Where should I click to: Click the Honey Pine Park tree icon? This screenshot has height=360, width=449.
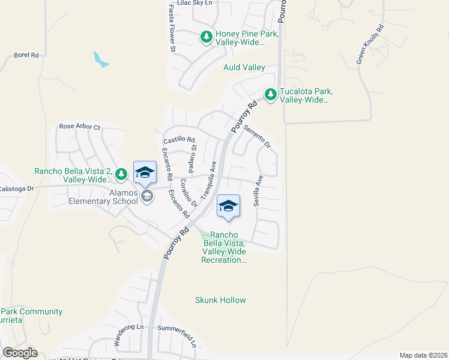pyautogui.click(x=206, y=38)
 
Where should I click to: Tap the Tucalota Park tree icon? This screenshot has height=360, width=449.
pyautogui.click(x=271, y=95)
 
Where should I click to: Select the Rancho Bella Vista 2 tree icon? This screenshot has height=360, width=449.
pyautogui.click(x=121, y=174)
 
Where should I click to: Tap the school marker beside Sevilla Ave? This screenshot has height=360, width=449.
pyautogui.click(x=228, y=207)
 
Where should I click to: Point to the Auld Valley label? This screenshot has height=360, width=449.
pyautogui.click(x=244, y=68)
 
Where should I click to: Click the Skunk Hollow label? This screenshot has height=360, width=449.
pyautogui.click(x=221, y=300)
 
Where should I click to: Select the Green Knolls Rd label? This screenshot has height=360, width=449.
pyautogui.click(x=369, y=44)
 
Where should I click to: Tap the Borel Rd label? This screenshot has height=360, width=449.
pyautogui.click(x=26, y=55)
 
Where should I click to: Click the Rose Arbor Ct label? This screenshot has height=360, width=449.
pyautogui.click(x=79, y=127)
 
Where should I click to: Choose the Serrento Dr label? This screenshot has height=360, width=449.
pyautogui.click(x=258, y=136)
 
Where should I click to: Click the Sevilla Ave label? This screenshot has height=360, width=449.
pyautogui.click(x=258, y=191)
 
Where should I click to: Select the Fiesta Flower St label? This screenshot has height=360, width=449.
pyautogui.click(x=172, y=27)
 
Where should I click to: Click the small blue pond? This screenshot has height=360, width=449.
pyautogui.click(x=100, y=59)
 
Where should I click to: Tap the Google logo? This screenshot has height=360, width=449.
pyautogui.click(x=20, y=352)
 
